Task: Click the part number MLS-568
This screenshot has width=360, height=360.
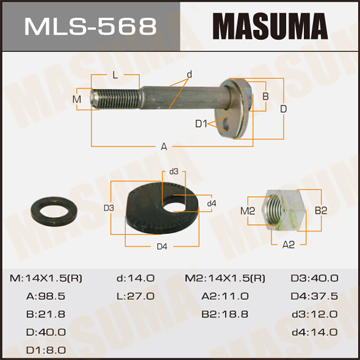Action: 90,26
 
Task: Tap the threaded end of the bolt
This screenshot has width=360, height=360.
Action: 115,98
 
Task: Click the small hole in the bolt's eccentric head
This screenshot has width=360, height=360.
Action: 227,124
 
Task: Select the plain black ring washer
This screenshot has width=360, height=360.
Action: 54,213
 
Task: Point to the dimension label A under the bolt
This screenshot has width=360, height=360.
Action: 164,147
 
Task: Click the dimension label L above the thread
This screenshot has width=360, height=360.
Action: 115,75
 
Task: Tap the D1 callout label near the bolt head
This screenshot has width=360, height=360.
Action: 201,124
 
